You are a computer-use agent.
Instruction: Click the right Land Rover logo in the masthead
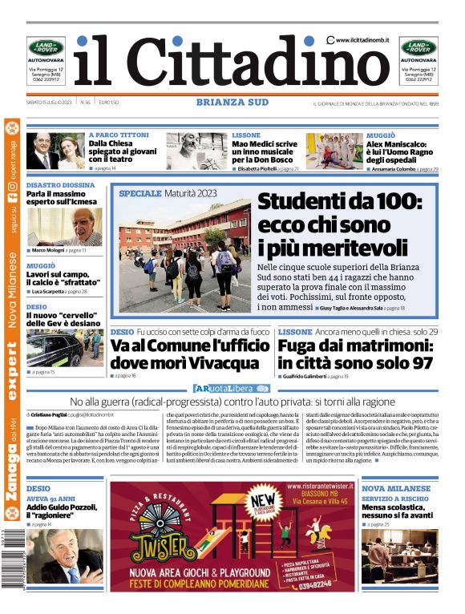tap(418, 48)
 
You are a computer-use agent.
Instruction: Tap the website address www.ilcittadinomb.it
tap(362, 39)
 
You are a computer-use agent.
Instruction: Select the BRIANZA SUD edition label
tap(232, 102)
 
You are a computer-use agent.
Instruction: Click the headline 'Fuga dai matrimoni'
tap(355, 354)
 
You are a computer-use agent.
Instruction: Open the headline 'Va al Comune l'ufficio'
tap(189, 354)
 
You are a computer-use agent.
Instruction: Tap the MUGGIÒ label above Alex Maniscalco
tap(380, 135)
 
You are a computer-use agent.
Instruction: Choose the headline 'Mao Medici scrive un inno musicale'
tap(265, 151)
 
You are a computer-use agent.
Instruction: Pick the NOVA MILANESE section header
tap(396, 488)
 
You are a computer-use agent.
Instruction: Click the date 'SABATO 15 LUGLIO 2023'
tap(50, 102)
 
